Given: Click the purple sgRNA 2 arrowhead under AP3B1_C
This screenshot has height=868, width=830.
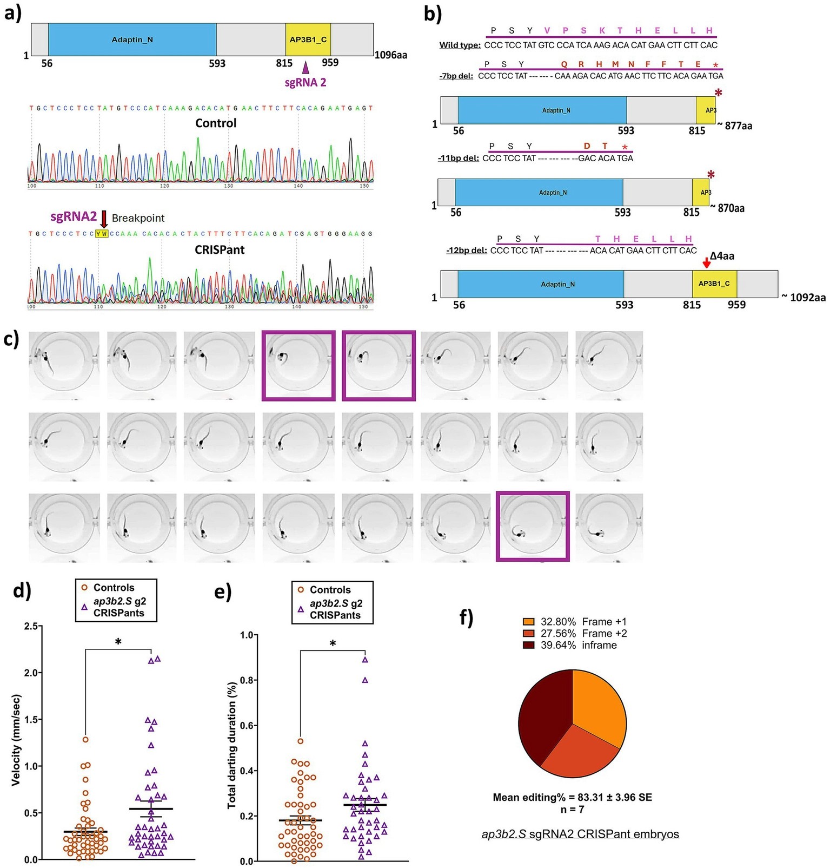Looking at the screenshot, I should [306, 68].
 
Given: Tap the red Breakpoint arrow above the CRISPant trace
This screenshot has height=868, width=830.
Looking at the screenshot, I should [104, 219].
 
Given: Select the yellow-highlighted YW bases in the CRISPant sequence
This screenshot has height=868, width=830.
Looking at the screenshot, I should [102, 234].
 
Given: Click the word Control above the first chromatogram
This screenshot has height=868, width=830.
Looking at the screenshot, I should [216, 123].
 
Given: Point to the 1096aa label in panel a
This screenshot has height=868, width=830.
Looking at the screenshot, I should [391, 55].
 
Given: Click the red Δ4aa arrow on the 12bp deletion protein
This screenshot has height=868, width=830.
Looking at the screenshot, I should [706, 262].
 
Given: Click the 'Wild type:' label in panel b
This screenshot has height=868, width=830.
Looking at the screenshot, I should [460, 45].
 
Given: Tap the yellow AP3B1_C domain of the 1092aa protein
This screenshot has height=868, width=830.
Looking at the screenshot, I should [714, 284].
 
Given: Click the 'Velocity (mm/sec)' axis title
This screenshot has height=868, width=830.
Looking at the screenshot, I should [17, 740].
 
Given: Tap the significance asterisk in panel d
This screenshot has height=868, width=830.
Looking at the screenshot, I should [118, 642].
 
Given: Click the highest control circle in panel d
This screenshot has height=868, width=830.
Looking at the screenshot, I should [85, 739].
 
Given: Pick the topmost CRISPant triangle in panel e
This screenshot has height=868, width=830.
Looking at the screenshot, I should [365, 660].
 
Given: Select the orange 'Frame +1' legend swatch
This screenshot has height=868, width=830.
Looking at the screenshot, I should [528, 622].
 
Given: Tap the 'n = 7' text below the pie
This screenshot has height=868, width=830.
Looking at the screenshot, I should [572, 810].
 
